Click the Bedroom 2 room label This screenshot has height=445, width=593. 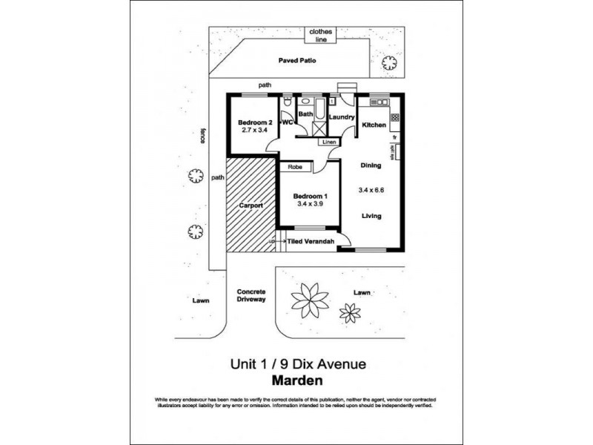point(255,122)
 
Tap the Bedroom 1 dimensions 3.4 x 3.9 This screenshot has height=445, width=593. point(311,203)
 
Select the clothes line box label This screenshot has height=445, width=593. point(321,36)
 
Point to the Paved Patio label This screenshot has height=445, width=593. point(298,61)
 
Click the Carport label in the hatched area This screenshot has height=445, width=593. point(251,205)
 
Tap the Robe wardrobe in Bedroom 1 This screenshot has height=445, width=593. point(295,168)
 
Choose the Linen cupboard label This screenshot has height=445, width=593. point(330,142)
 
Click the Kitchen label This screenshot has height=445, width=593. point(374,125)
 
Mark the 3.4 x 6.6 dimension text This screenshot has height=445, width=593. point(371,190)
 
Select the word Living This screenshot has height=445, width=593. point(371,217)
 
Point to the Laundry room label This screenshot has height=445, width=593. point(342,116)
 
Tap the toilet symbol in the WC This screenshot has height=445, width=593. point(287,102)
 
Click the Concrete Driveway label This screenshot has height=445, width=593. point(251,296)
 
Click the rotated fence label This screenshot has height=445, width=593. point(202,134)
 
